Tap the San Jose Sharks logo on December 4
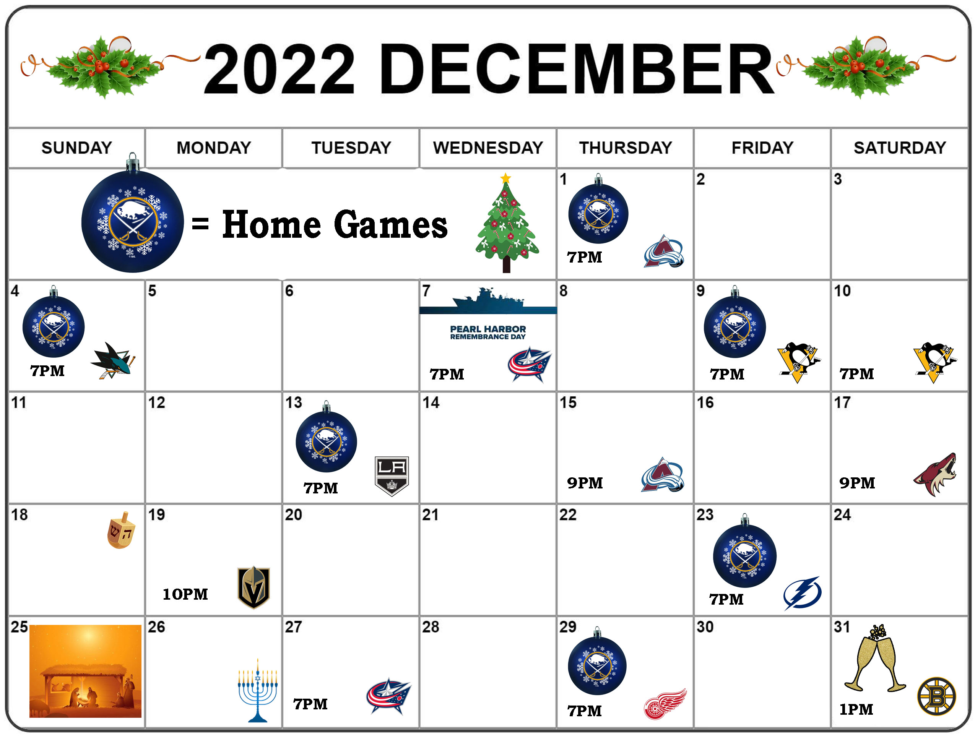point(113,360)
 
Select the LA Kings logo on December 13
point(392,476)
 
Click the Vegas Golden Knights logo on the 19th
point(253,587)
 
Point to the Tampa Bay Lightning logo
point(802,593)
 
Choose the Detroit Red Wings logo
point(665,704)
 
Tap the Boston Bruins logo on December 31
point(936,696)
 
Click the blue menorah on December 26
point(257,690)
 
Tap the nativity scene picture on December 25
point(85,671)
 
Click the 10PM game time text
point(185,594)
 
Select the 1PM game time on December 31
point(856,709)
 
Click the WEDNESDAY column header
point(488,148)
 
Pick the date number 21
point(431,514)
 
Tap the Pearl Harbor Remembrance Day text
point(488,333)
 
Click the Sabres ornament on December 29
point(597,661)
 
